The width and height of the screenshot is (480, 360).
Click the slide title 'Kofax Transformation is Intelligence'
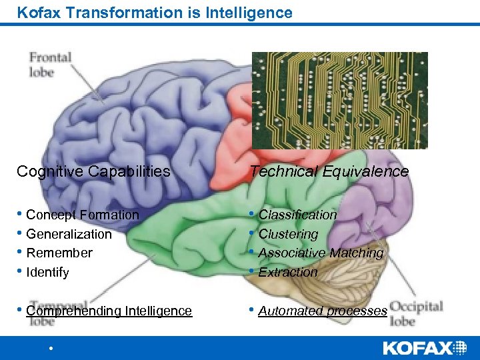(155, 13)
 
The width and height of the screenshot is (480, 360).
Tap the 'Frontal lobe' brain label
(49, 63)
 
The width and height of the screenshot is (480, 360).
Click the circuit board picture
(339, 100)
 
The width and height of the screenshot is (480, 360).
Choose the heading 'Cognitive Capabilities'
(93, 171)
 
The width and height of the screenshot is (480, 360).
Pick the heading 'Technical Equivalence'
(329, 171)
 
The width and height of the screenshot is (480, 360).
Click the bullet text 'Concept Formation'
(82, 215)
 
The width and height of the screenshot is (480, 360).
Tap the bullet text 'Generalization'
(69, 234)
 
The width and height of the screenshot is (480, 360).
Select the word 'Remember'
(59, 253)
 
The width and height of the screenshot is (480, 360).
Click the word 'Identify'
(47, 272)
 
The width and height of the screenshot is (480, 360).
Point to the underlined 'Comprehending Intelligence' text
(109, 311)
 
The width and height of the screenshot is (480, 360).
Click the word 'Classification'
(297, 215)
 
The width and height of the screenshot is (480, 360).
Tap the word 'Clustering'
(288, 234)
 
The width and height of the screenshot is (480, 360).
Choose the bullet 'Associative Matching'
(321, 253)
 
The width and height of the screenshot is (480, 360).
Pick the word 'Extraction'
(288, 272)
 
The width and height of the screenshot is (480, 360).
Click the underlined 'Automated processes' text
(323, 311)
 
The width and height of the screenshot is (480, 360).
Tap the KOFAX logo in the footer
(425, 347)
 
